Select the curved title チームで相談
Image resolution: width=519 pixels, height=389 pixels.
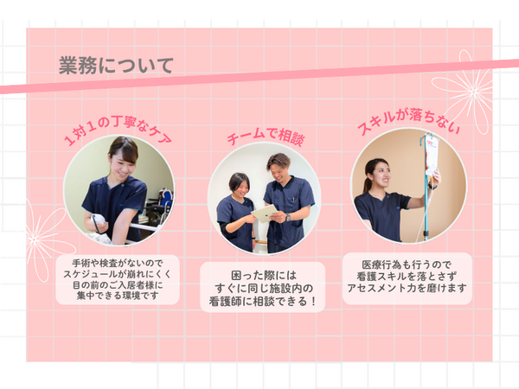265,137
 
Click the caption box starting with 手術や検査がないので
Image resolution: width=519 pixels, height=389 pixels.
118,277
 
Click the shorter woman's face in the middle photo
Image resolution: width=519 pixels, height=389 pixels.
240,185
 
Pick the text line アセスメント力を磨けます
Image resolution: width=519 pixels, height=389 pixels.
407,288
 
